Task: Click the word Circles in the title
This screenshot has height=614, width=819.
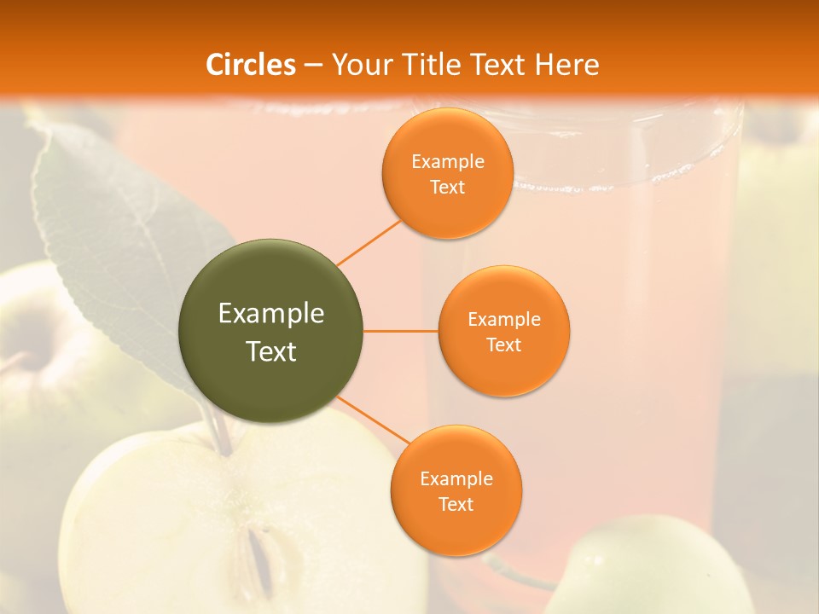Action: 250,65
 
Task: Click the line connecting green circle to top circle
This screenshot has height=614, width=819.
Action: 369,242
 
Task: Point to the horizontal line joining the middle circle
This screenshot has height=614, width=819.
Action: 401,331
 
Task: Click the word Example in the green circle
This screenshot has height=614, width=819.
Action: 270,314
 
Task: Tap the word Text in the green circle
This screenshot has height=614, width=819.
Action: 270,351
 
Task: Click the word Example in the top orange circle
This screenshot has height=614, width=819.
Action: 447,162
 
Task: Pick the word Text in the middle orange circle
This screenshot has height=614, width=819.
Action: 503,345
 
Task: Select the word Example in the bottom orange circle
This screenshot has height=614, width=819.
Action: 456,479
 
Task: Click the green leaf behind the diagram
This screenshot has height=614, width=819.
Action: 111,230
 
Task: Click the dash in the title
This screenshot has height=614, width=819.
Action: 313,66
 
